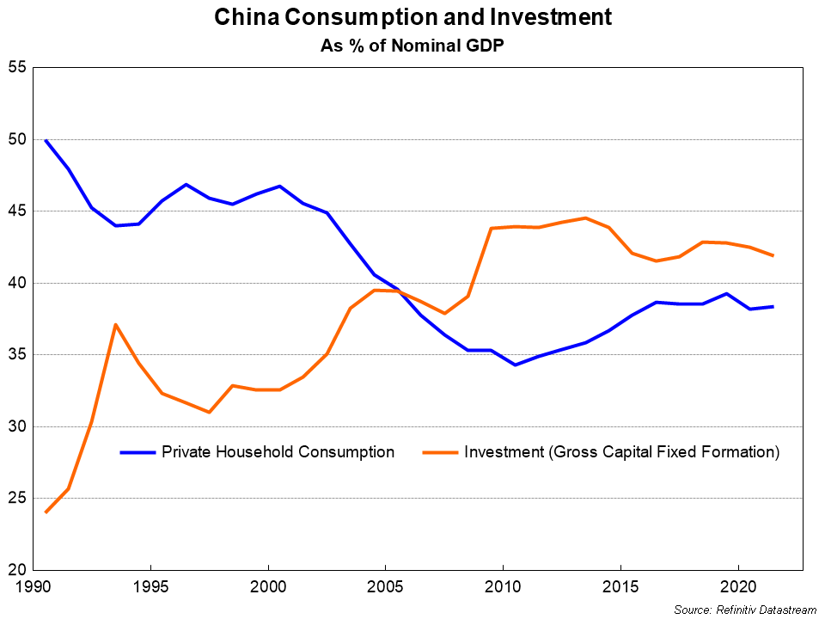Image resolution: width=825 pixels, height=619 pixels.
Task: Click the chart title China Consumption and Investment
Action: click(x=412, y=17)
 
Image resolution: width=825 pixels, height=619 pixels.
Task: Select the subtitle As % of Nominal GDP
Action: click(x=412, y=46)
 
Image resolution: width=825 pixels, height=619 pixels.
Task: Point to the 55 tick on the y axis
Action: click(x=17, y=68)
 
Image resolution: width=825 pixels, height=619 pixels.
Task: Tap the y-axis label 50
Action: click(x=17, y=139)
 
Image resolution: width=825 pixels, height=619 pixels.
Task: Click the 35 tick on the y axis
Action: click(x=17, y=355)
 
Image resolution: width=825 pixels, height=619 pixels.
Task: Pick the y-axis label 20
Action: click(x=17, y=570)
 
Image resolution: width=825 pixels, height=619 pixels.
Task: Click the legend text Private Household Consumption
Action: click(x=278, y=452)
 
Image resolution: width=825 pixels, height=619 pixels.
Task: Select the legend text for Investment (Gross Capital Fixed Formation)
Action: click(x=621, y=452)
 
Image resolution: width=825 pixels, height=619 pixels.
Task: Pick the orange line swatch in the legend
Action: click(x=439, y=452)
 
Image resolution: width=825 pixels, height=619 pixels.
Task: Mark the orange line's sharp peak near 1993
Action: click(x=115, y=324)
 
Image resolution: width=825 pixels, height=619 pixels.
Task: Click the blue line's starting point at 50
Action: click(x=46, y=140)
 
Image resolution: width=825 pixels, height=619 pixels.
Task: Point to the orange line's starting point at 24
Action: click(x=46, y=512)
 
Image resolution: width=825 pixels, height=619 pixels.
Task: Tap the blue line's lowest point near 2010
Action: click(x=514, y=365)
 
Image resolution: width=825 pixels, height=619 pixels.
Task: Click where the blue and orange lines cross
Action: click(x=398, y=292)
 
